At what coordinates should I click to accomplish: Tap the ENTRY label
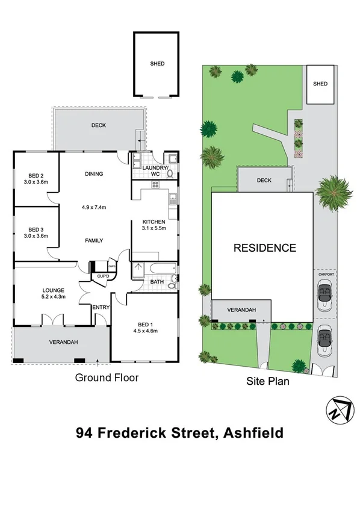pyautogui.click(x=99, y=308)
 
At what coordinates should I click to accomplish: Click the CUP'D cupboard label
pyautogui.click(x=103, y=276)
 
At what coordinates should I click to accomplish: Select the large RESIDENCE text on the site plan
pyautogui.click(x=264, y=247)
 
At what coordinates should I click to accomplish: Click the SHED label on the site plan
pyautogui.click(x=320, y=84)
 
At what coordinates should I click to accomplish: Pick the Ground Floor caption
pyautogui.click(x=107, y=378)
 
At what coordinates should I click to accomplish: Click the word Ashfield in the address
pyautogui.click(x=253, y=433)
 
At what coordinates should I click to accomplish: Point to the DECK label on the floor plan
pyautogui.click(x=99, y=126)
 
